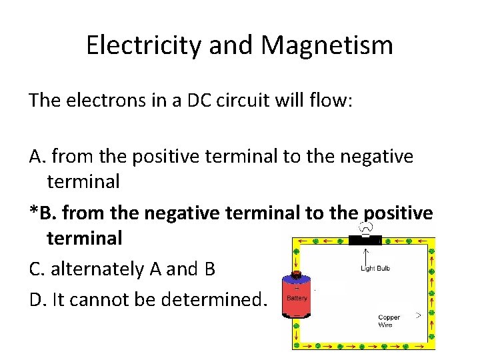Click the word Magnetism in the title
[x=327, y=45]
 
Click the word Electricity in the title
[x=145, y=45]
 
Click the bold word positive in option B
[x=398, y=213]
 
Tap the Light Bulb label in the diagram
[x=375, y=268]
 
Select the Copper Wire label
[x=389, y=321]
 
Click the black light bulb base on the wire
[x=365, y=240]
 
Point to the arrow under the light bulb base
[x=365, y=254]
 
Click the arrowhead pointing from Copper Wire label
[x=419, y=313]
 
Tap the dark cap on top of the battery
[x=297, y=273]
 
